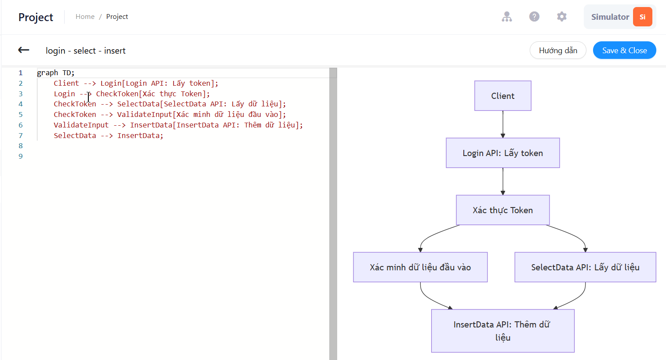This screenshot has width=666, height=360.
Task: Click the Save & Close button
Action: click(x=624, y=50)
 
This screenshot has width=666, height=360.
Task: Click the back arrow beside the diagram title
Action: click(x=24, y=50)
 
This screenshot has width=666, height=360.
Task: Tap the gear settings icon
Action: click(x=562, y=17)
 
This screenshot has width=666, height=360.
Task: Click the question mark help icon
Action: click(x=534, y=17)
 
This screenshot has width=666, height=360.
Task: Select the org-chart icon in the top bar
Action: click(x=507, y=17)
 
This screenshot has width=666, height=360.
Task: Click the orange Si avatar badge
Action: click(x=643, y=17)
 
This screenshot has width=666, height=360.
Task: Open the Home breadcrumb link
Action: click(x=85, y=17)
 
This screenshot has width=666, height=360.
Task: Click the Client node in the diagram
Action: click(x=503, y=96)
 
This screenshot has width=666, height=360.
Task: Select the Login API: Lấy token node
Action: click(x=503, y=153)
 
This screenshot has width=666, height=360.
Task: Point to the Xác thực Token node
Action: click(x=503, y=210)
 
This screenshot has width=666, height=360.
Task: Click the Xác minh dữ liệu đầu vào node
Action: click(x=420, y=267)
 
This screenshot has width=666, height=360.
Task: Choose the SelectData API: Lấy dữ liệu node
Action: click(x=585, y=267)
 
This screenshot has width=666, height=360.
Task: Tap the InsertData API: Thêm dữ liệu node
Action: click(x=503, y=331)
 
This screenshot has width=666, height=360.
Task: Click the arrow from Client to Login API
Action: click(x=503, y=124)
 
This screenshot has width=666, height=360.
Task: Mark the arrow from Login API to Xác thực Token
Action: click(x=503, y=182)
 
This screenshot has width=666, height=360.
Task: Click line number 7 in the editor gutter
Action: click(x=21, y=135)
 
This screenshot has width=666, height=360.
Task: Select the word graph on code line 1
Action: click(x=47, y=73)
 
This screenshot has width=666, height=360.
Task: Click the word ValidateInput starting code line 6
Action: click(x=81, y=125)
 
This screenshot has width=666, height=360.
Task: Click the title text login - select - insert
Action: click(x=86, y=51)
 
